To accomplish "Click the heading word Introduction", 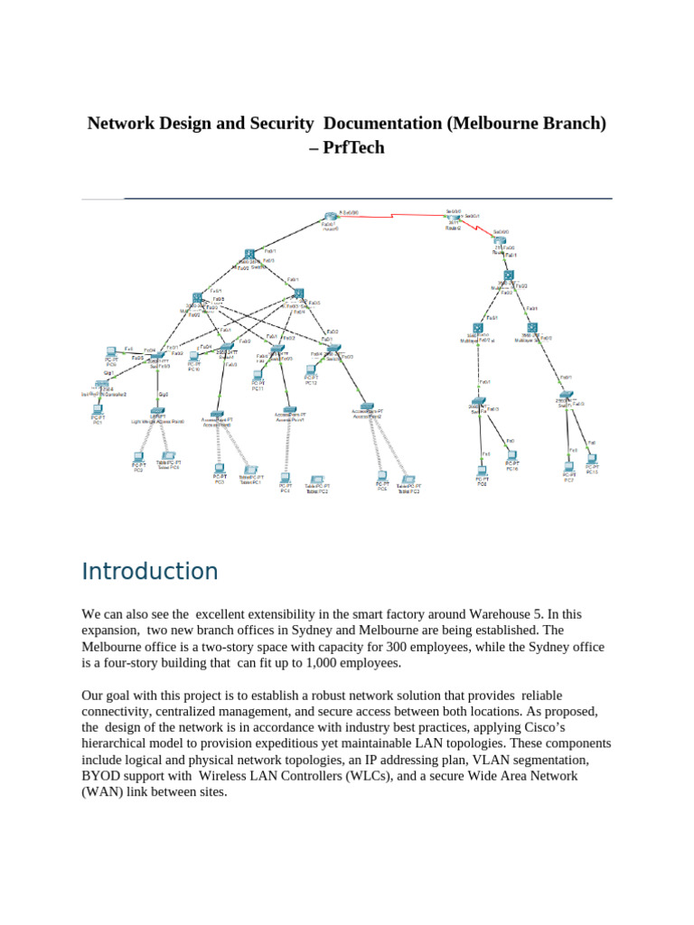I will click(150, 572).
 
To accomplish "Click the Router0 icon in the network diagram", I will click(330, 217).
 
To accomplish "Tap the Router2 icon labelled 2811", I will click(455, 220).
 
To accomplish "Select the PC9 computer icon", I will click(111, 350).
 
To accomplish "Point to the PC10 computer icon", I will click(194, 356).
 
